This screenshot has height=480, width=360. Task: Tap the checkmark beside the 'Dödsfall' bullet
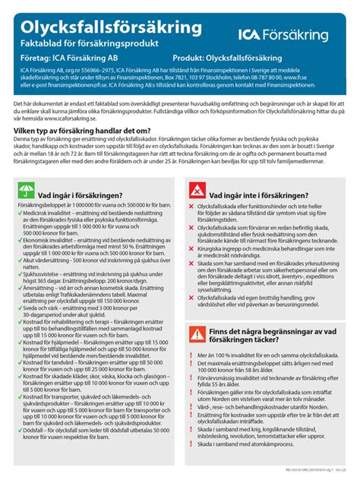click(x=14, y=450)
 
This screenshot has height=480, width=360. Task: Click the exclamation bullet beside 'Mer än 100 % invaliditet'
click(x=193, y=377)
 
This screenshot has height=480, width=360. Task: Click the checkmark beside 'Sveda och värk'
click(x=14, y=330)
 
